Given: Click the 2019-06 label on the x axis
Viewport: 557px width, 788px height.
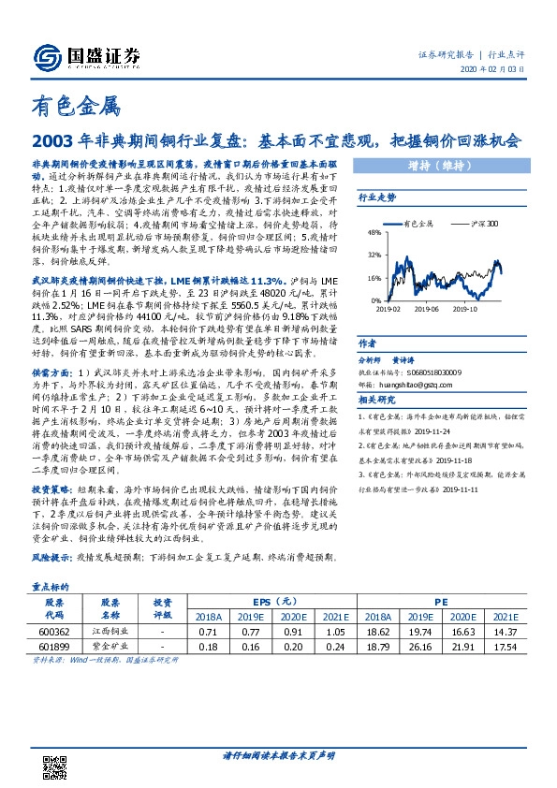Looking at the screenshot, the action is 429,306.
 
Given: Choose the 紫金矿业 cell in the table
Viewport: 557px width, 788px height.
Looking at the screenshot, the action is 110,646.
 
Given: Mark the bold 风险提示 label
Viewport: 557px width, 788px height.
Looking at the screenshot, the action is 55,558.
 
